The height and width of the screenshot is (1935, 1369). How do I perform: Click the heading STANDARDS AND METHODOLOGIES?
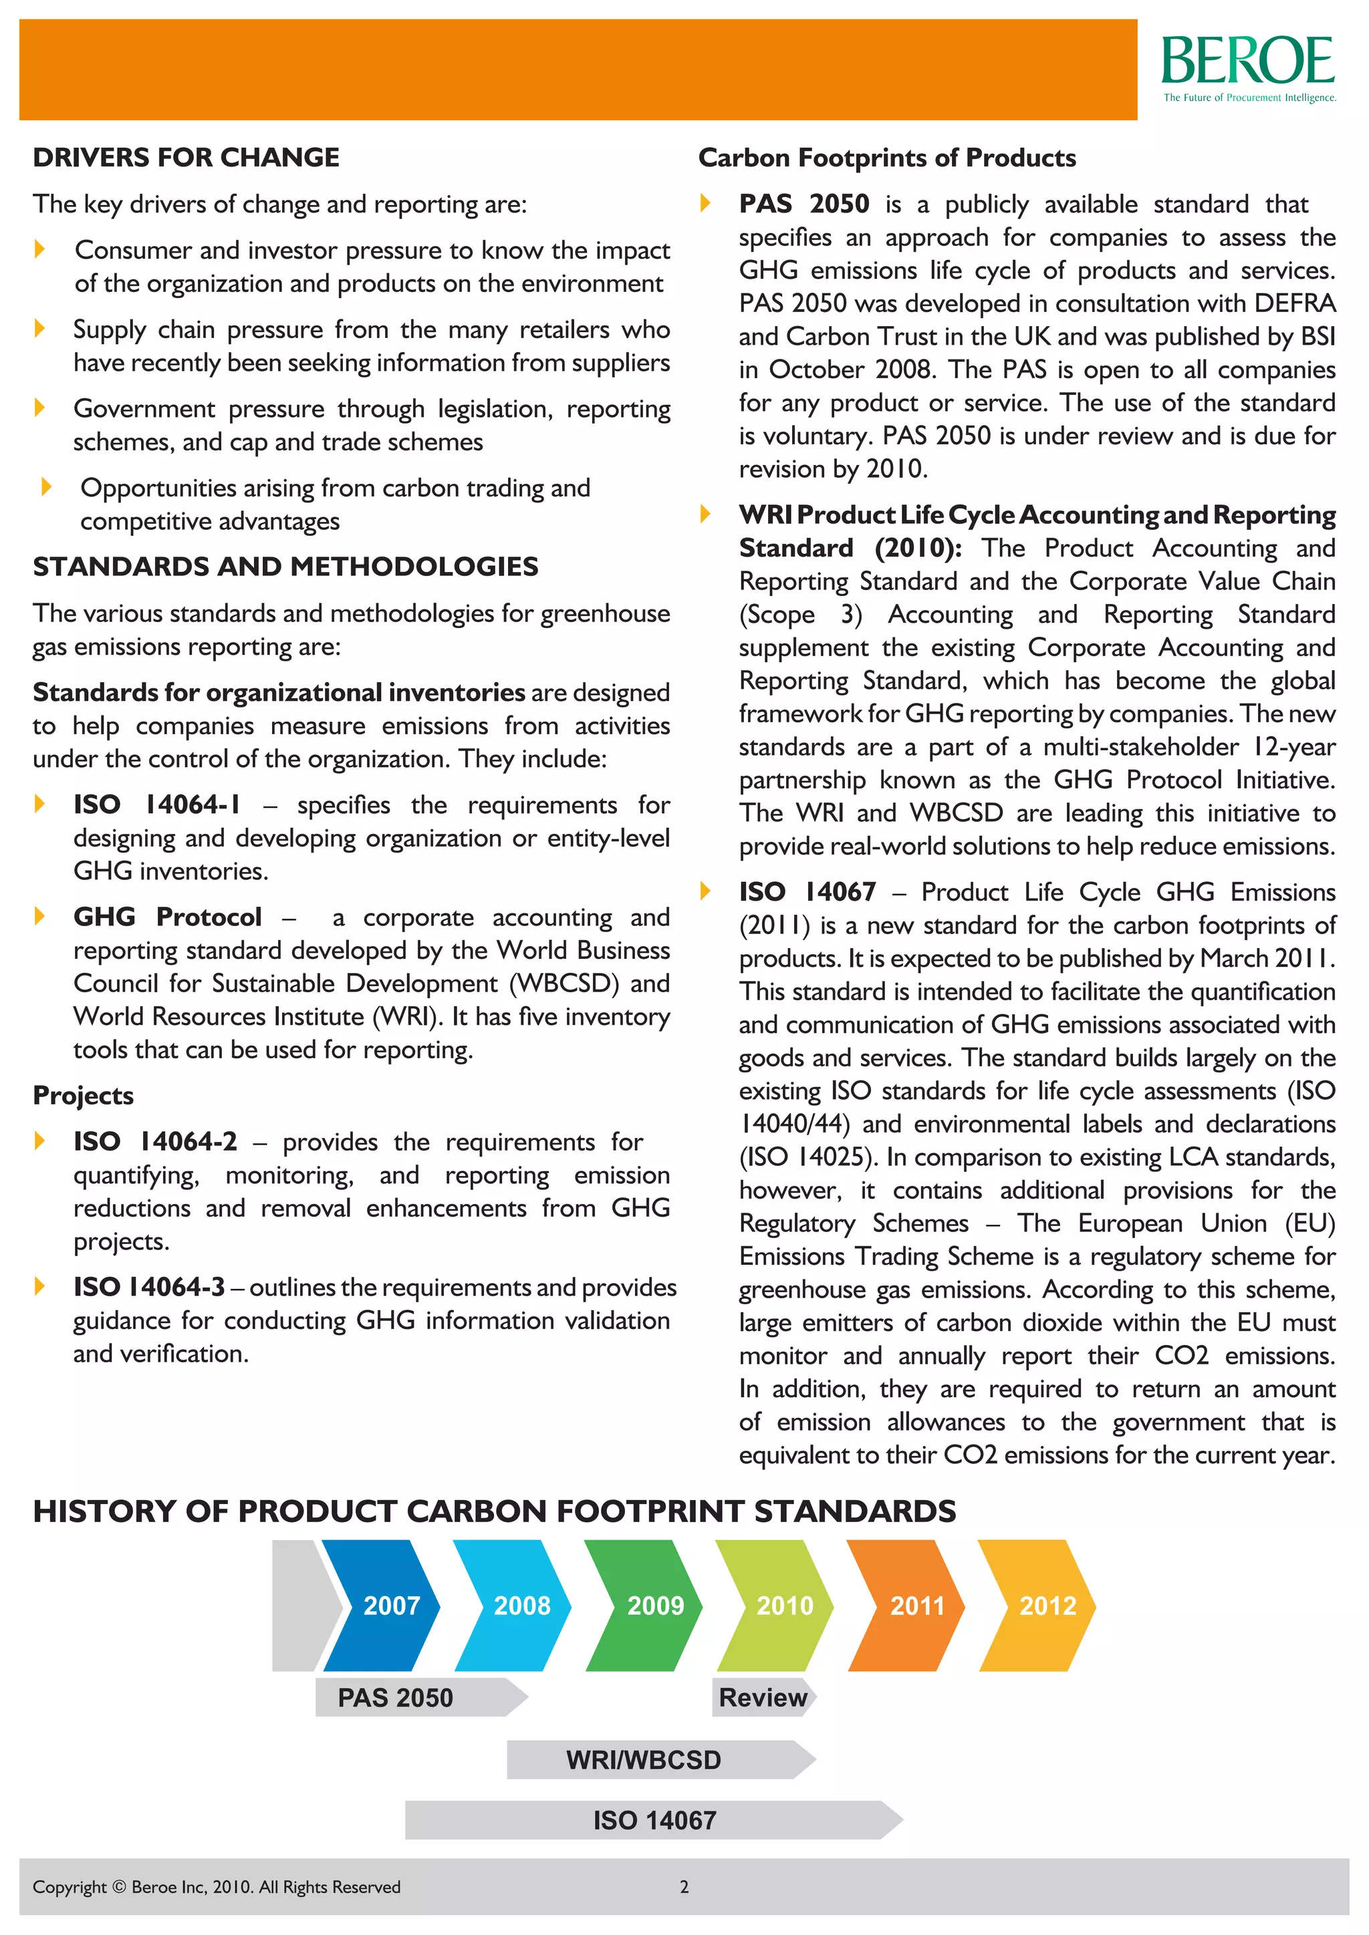(285, 567)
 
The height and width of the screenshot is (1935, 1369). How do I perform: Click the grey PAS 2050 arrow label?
(413, 1697)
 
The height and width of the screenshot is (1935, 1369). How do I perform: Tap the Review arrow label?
(763, 1697)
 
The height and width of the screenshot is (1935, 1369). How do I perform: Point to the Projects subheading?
(83, 1096)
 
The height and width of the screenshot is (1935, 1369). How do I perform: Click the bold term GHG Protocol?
(167, 917)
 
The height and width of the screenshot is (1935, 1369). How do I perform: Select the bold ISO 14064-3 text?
(149, 1287)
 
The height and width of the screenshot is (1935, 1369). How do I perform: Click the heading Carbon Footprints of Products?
(887, 158)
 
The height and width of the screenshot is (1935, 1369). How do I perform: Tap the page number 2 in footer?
(684, 1887)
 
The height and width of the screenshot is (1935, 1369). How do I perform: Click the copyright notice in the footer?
(217, 1887)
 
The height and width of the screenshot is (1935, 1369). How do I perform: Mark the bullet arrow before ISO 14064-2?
(39, 1141)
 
